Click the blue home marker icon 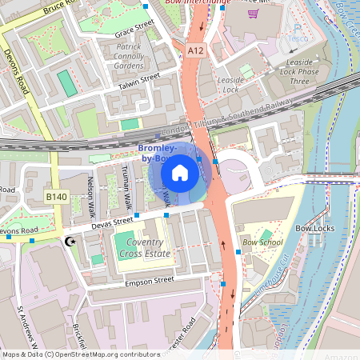tap(180, 172)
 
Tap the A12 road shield tap(196, 50)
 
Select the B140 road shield tap(56, 196)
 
